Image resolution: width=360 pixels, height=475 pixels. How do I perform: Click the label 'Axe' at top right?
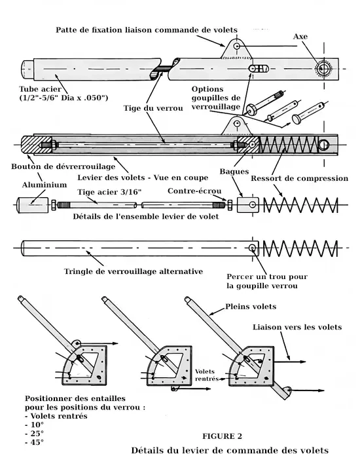click(x=300, y=37)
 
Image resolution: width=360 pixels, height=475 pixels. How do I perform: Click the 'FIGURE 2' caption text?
click(x=222, y=436)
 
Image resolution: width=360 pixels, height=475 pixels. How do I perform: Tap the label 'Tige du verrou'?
click(x=153, y=109)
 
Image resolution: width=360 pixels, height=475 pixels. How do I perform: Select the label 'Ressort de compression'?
click(x=300, y=178)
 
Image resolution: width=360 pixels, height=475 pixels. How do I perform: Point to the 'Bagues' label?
click(x=234, y=172)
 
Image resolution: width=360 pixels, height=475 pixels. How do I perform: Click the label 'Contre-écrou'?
click(x=194, y=191)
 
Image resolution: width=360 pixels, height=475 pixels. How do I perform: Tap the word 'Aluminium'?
click(x=45, y=185)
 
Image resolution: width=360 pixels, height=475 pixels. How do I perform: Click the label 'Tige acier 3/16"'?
click(x=109, y=192)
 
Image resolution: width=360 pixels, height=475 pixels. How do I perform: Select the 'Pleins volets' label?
click(x=251, y=307)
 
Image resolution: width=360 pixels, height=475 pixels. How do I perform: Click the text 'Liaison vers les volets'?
click(x=297, y=327)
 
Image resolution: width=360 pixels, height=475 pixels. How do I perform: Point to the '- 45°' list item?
click(x=34, y=442)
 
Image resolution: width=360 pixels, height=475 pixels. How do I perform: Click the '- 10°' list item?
click(x=34, y=425)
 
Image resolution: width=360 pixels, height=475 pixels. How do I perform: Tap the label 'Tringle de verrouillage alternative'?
click(x=134, y=271)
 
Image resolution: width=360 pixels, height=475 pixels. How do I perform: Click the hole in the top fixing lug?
click(x=237, y=46)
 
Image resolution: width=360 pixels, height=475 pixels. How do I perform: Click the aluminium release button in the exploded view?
click(x=33, y=205)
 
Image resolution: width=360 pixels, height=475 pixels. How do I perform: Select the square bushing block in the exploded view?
click(x=248, y=205)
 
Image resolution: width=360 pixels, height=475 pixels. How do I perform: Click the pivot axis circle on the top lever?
click(x=324, y=69)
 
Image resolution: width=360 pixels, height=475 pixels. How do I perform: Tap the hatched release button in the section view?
click(x=37, y=145)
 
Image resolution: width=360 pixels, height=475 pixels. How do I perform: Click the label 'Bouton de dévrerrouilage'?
click(x=63, y=166)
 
